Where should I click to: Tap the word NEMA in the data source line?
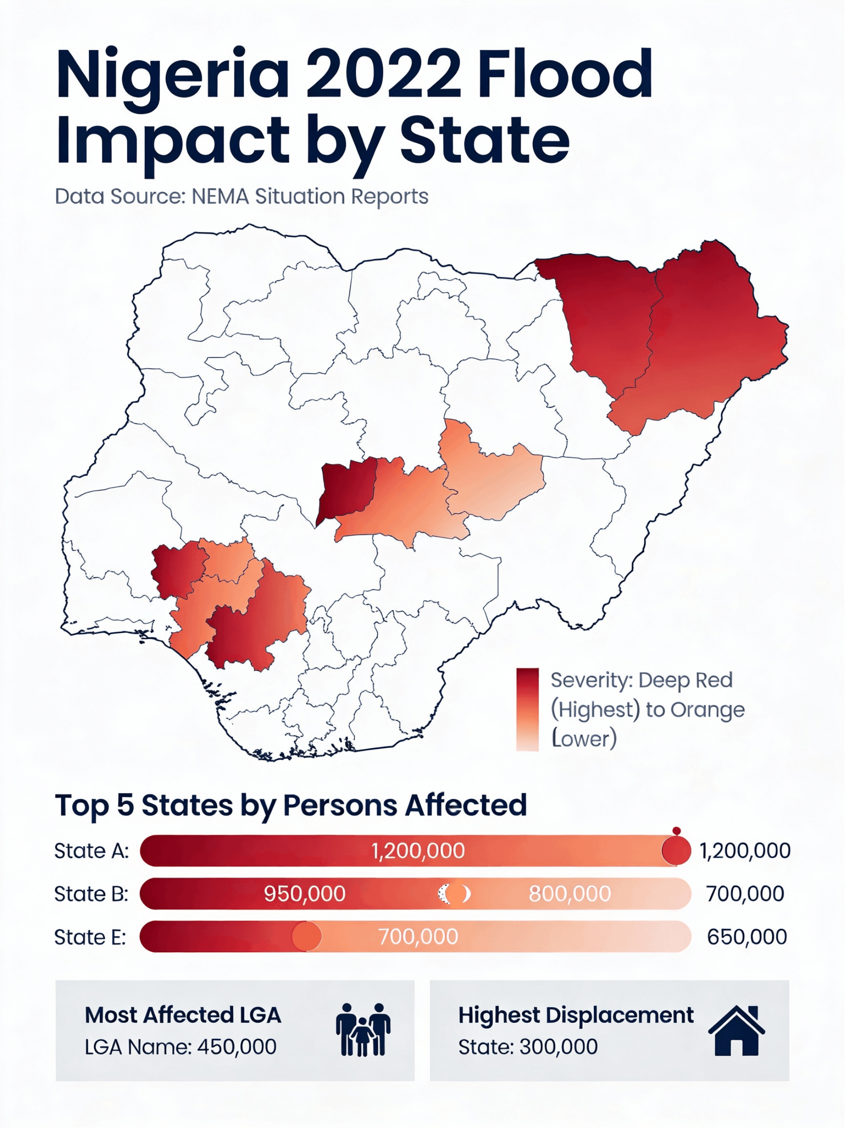220,196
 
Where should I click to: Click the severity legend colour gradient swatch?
527,709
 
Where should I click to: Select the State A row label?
92,851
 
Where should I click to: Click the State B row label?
91,893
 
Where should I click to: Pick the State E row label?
90,937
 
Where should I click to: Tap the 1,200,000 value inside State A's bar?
418,851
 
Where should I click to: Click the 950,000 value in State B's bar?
304,893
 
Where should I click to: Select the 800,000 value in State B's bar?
569,893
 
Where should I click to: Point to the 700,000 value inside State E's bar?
418,937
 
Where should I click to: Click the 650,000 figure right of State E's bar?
747,937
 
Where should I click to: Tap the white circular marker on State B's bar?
454,893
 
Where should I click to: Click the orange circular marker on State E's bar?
306,936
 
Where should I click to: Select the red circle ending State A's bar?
676,850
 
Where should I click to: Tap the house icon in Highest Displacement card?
736,1030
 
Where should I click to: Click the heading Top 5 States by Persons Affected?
291,805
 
